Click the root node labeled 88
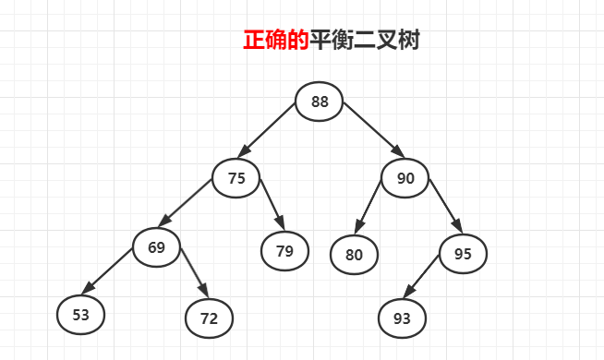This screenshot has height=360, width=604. point(320,102)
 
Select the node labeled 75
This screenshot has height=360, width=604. point(236,179)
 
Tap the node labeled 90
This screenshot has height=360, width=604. point(405,178)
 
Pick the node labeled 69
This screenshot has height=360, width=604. point(156,246)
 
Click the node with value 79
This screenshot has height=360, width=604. point(284,249)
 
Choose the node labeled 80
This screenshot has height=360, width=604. point(354,254)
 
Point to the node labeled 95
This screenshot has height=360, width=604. point(463,253)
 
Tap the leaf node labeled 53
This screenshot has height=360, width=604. point(80,315)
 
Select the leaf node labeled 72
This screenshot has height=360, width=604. point(209,318)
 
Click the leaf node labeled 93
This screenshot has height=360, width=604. point(402,318)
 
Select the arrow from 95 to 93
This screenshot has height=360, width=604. point(429,280)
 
